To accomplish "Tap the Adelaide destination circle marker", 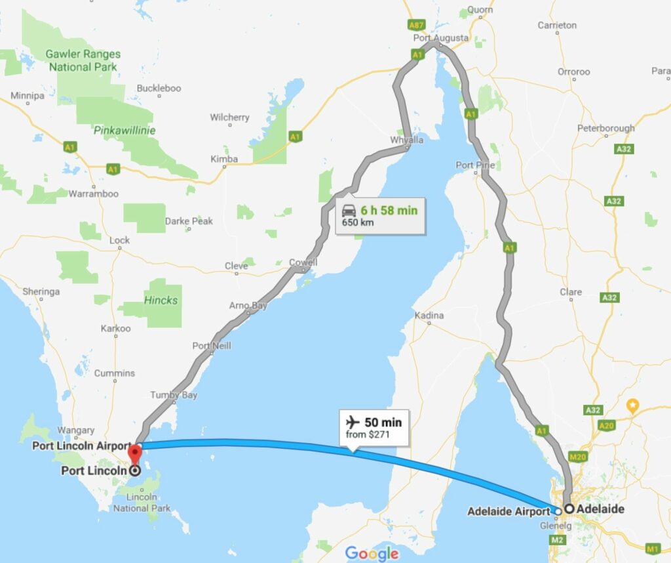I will (569, 509).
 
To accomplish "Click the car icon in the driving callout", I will (349, 210).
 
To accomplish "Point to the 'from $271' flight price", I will (364, 435).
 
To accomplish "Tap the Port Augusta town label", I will (441, 38).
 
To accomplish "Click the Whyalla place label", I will (407, 140).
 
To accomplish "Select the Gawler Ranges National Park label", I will (81, 60).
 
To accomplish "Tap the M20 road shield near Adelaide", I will (577, 457).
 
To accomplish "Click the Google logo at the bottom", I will (372, 553).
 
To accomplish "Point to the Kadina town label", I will (429, 316).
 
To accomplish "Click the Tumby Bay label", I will (174, 395).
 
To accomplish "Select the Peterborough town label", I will (606, 128).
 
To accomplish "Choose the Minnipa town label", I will (28, 96).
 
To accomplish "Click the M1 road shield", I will (652, 548).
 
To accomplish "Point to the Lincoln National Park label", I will (142, 503).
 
